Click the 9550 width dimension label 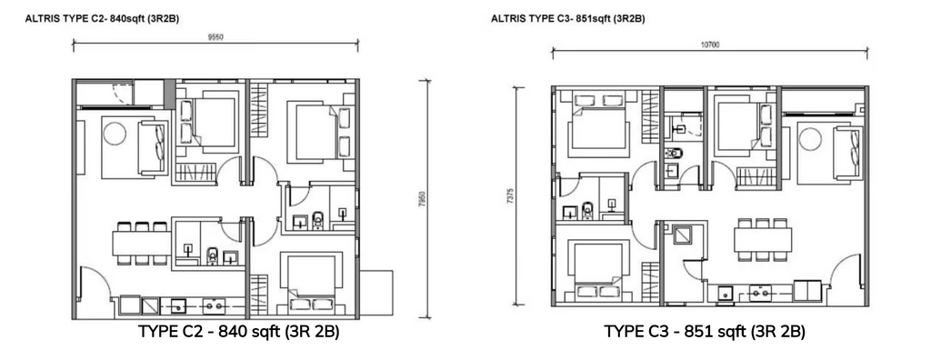pyautogui.click(x=215, y=37)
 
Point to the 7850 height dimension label pyautogui.click(x=422, y=199)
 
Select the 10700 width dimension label pyautogui.click(x=709, y=45)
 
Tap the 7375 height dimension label pyautogui.click(x=510, y=195)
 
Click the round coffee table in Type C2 pyautogui.click(x=114, y=133)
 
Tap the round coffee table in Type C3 pyautogui.click(x=810, y=140)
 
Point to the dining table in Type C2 pyautogui.click(x=142, y=244)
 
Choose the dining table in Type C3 pyautogui.click(x=763, y=240)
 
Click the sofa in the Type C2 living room pyautogui.click(x=153, y=147)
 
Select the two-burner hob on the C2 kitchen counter pyautogui.click(x=214, y=306)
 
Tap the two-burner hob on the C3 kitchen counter pyautogui.click(x=760, y=293)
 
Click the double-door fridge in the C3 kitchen pyautogui.click(x=807, y=292)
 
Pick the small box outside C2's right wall pyautogui.click(x=375, y=293)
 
